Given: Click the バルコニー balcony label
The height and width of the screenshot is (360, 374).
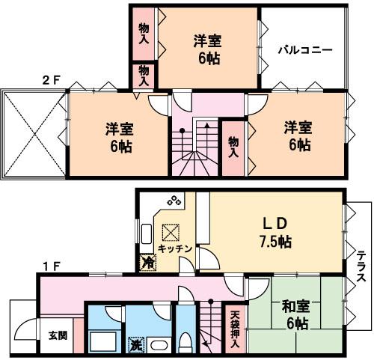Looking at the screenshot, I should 305,51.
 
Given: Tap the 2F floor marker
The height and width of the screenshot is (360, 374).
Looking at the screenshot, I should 50,79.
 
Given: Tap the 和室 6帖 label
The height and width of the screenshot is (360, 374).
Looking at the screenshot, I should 298,315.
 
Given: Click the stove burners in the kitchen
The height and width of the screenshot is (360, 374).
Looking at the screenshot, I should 175,200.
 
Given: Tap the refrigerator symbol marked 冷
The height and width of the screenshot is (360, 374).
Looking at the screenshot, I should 148,262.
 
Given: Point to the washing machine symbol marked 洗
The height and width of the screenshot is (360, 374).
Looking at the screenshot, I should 135,345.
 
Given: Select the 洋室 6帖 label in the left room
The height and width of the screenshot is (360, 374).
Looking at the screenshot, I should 119,137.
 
